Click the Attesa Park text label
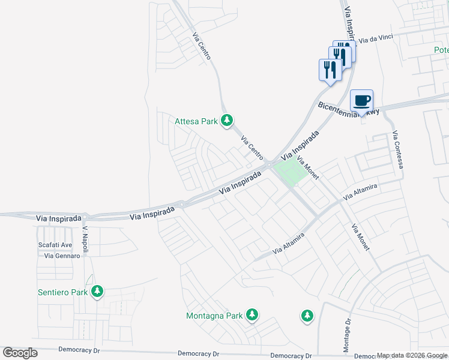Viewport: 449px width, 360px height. point(196,121)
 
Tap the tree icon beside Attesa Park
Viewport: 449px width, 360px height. point(227,121)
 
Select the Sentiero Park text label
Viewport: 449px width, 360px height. point(62,292)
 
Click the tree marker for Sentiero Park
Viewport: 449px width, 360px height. point(97,292)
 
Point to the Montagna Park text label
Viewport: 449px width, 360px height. point(214,316)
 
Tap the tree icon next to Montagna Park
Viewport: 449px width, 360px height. point(252,314)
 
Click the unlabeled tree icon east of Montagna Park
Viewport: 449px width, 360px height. point(307,316)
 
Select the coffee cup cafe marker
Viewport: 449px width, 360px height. point(361,100)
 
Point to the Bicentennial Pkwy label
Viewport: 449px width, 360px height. point(349,109)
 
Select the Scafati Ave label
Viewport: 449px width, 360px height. point(55,245)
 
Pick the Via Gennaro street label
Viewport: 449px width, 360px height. point(62,256)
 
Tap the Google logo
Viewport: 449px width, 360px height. point(20,352)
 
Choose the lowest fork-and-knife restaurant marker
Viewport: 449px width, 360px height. point(329,70)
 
